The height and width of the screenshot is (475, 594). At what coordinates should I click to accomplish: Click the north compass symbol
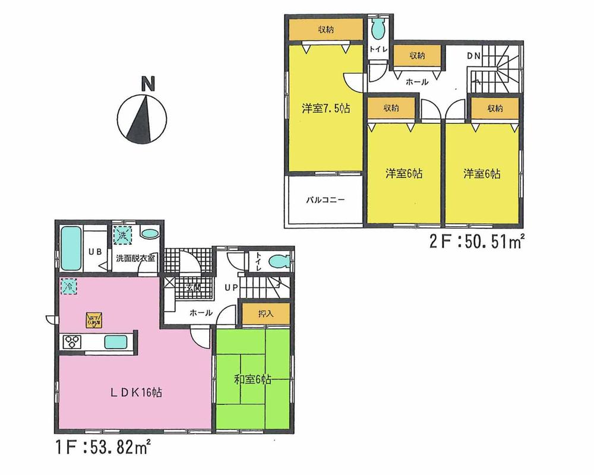(141, 116)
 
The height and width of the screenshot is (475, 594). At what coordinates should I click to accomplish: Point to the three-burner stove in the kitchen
(73, 341)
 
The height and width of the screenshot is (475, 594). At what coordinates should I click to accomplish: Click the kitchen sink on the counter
(115, 342)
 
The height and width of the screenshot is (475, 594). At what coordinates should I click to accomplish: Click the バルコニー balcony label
(325, 200)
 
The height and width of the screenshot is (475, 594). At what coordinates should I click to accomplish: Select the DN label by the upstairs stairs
(473, 56)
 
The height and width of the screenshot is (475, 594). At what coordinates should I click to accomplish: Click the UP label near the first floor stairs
(232, 288)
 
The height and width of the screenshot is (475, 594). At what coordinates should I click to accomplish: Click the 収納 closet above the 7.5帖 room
(324, 30)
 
